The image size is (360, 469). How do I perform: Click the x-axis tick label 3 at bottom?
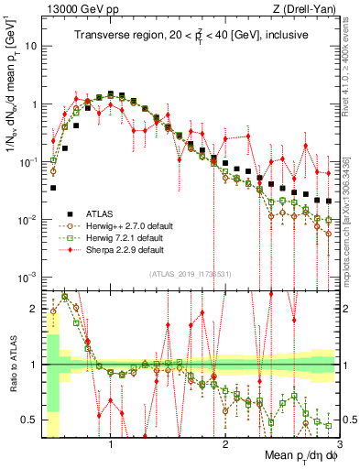326,444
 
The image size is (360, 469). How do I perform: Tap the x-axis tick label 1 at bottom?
111,444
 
